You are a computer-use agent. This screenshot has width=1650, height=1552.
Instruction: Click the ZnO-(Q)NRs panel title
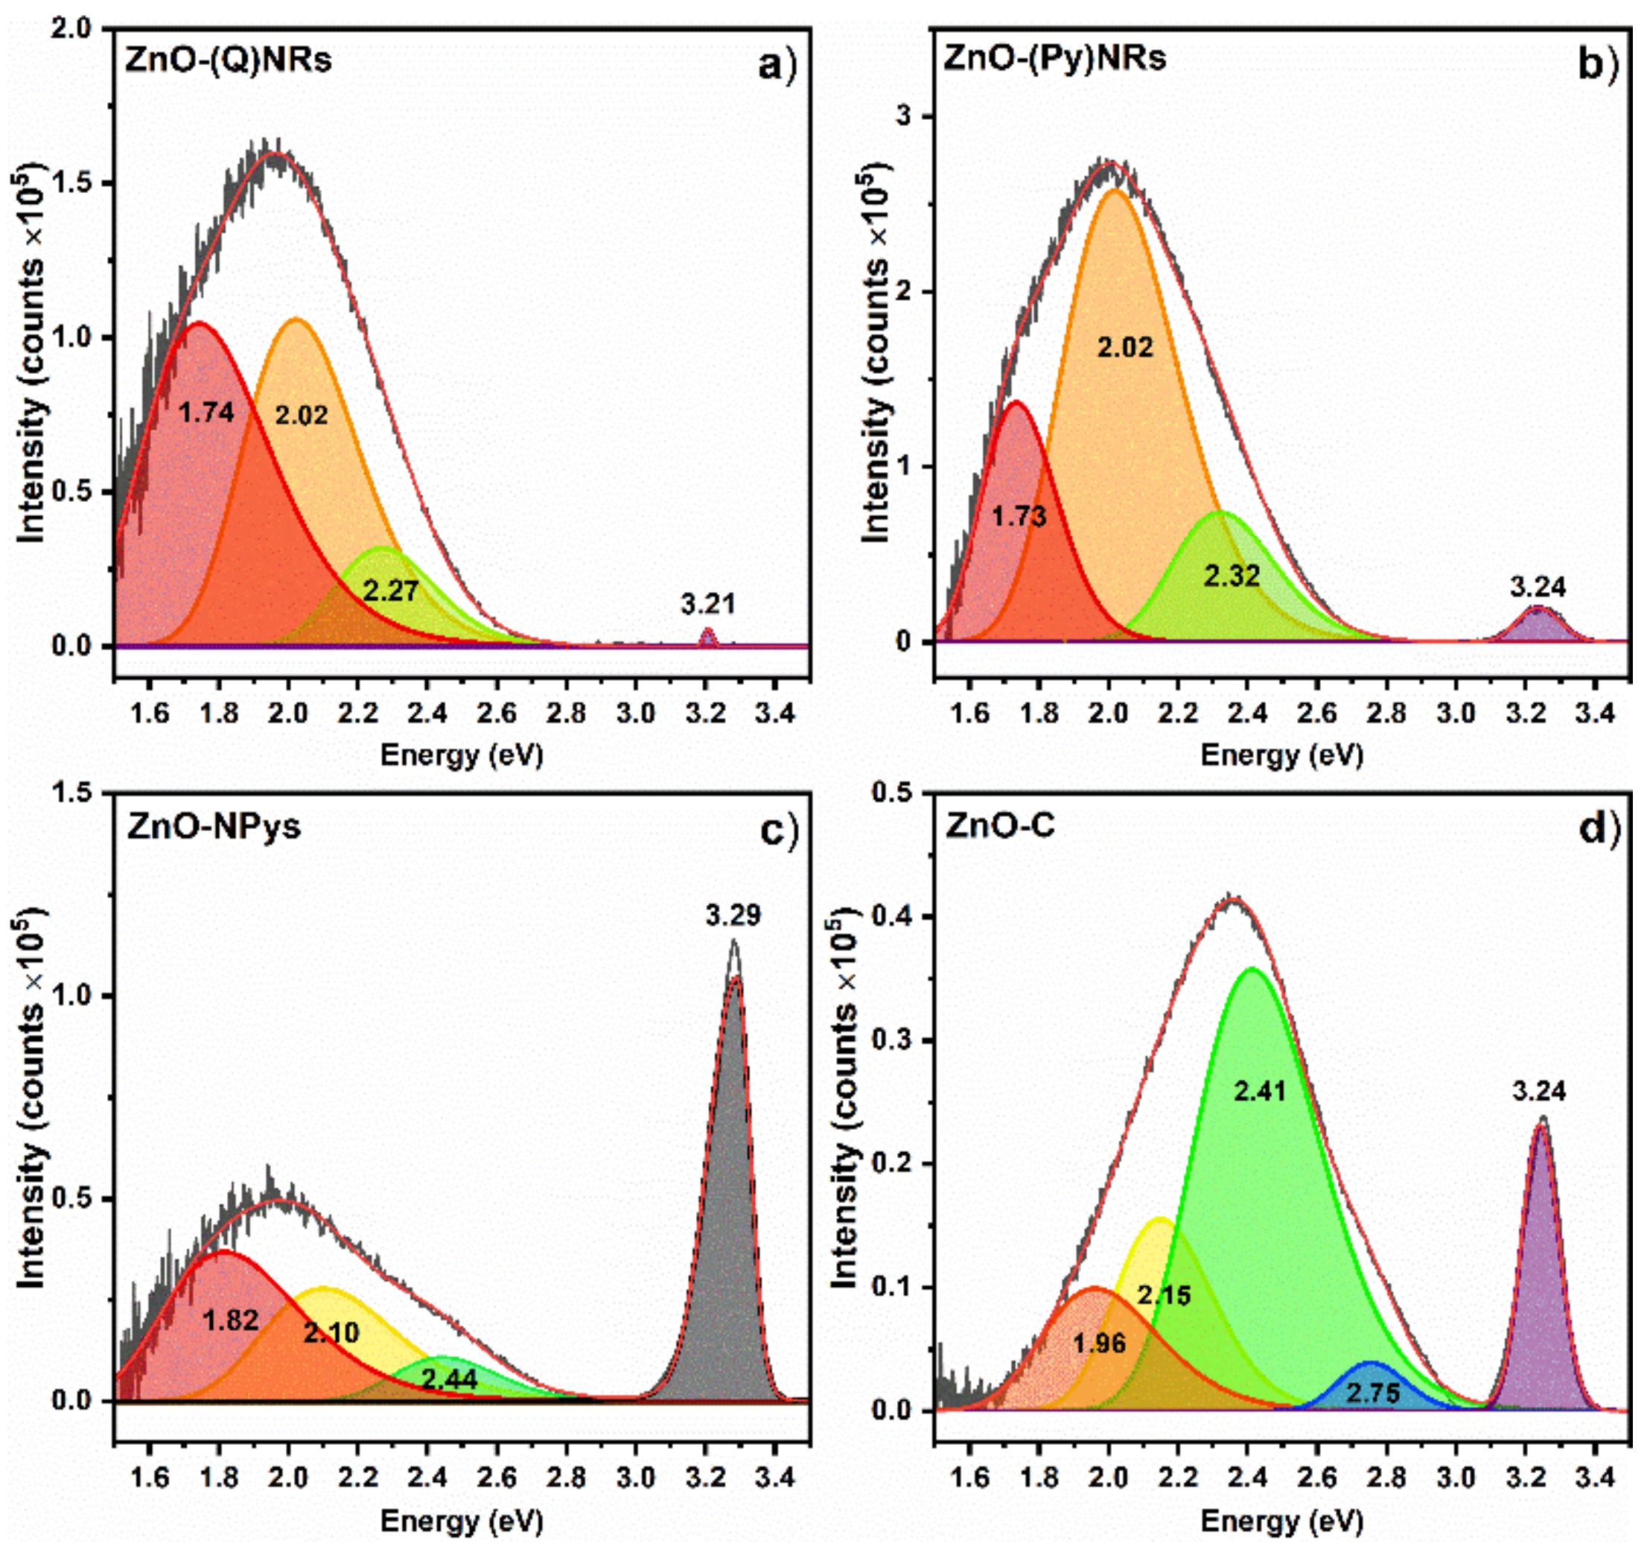tap(229, 61)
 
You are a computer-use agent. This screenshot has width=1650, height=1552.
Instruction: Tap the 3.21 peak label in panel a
tap(708, 604)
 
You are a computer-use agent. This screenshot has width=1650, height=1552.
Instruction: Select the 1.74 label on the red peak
tap(207, 412)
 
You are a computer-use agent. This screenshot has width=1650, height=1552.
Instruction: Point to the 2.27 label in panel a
tap(390, 590)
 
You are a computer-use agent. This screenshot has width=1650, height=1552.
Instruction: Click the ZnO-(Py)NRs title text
tap(1055, 59)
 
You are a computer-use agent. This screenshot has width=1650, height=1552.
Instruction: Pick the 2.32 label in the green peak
tap(1232, 575)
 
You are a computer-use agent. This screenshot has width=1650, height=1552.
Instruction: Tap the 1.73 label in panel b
tap(1019, 516)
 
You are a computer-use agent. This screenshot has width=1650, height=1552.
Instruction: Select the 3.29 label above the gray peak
tap(733, 916)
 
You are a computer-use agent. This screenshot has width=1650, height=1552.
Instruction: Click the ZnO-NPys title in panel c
tap(214, 827)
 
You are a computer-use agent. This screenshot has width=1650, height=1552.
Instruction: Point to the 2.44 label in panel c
tap(449, 1379)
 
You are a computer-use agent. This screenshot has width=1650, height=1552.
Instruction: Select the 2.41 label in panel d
tap(1259, 1090)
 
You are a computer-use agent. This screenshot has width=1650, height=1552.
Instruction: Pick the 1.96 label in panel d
tap(1100, 1342)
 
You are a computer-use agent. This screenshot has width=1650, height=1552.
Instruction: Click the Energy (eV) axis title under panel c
tap(462, 1521)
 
